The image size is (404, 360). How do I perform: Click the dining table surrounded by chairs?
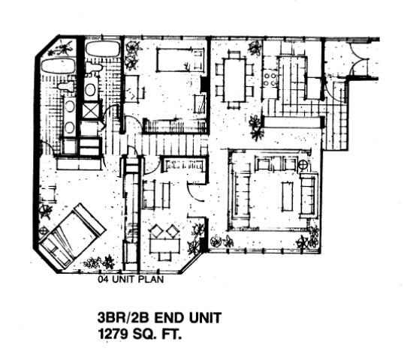(x=234, y=79)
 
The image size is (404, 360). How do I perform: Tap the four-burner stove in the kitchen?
(x=270, y=79)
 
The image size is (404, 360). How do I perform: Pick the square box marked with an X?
(x=91, y=112)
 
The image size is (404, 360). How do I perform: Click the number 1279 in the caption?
(x=113, y=334)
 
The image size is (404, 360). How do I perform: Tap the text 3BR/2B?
(x=123, y=317)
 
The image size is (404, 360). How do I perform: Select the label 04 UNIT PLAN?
(x=131, y=279)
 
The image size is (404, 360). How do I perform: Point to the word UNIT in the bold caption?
(x=205, y=317)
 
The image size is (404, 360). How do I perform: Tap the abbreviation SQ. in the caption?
(x=144, y=334)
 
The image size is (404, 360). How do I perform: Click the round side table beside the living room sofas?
(x=303, y=165)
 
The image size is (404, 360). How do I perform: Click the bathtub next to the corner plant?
(x=59, y=67)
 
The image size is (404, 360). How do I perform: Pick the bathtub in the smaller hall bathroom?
(x=103, y=49)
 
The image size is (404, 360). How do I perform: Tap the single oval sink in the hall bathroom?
(x=89, y=90)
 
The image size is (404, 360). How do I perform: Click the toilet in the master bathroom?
(x=65, y=86)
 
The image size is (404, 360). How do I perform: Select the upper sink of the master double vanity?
(x=70, y=106)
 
